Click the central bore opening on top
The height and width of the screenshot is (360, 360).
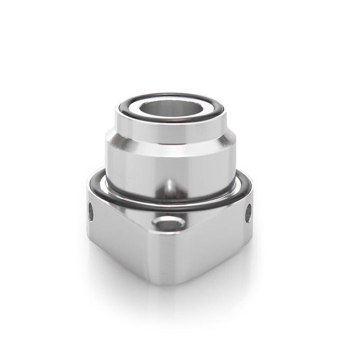click(x=170, y=108)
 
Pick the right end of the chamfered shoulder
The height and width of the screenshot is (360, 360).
click(x=231, y=137)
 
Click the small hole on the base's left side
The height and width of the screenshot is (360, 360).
click(x=90, y=211)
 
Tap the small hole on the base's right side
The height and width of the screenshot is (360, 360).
click(x=248, y=213)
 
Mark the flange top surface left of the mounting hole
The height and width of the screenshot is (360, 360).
click(x=135, y=216)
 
